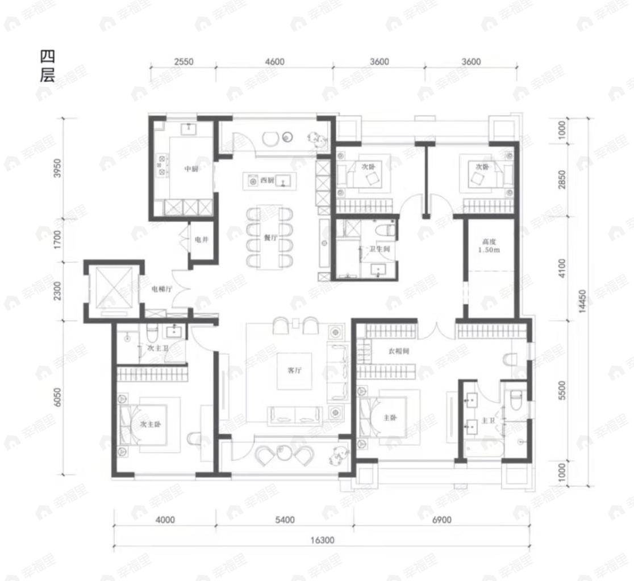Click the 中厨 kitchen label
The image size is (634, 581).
190,169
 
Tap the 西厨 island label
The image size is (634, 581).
267,181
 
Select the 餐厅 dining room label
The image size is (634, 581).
270,238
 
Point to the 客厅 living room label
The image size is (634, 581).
294,370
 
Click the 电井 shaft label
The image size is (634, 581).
201,240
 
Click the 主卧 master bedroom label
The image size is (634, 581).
390,418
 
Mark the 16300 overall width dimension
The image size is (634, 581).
322,541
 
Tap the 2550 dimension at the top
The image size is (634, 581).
183,62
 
